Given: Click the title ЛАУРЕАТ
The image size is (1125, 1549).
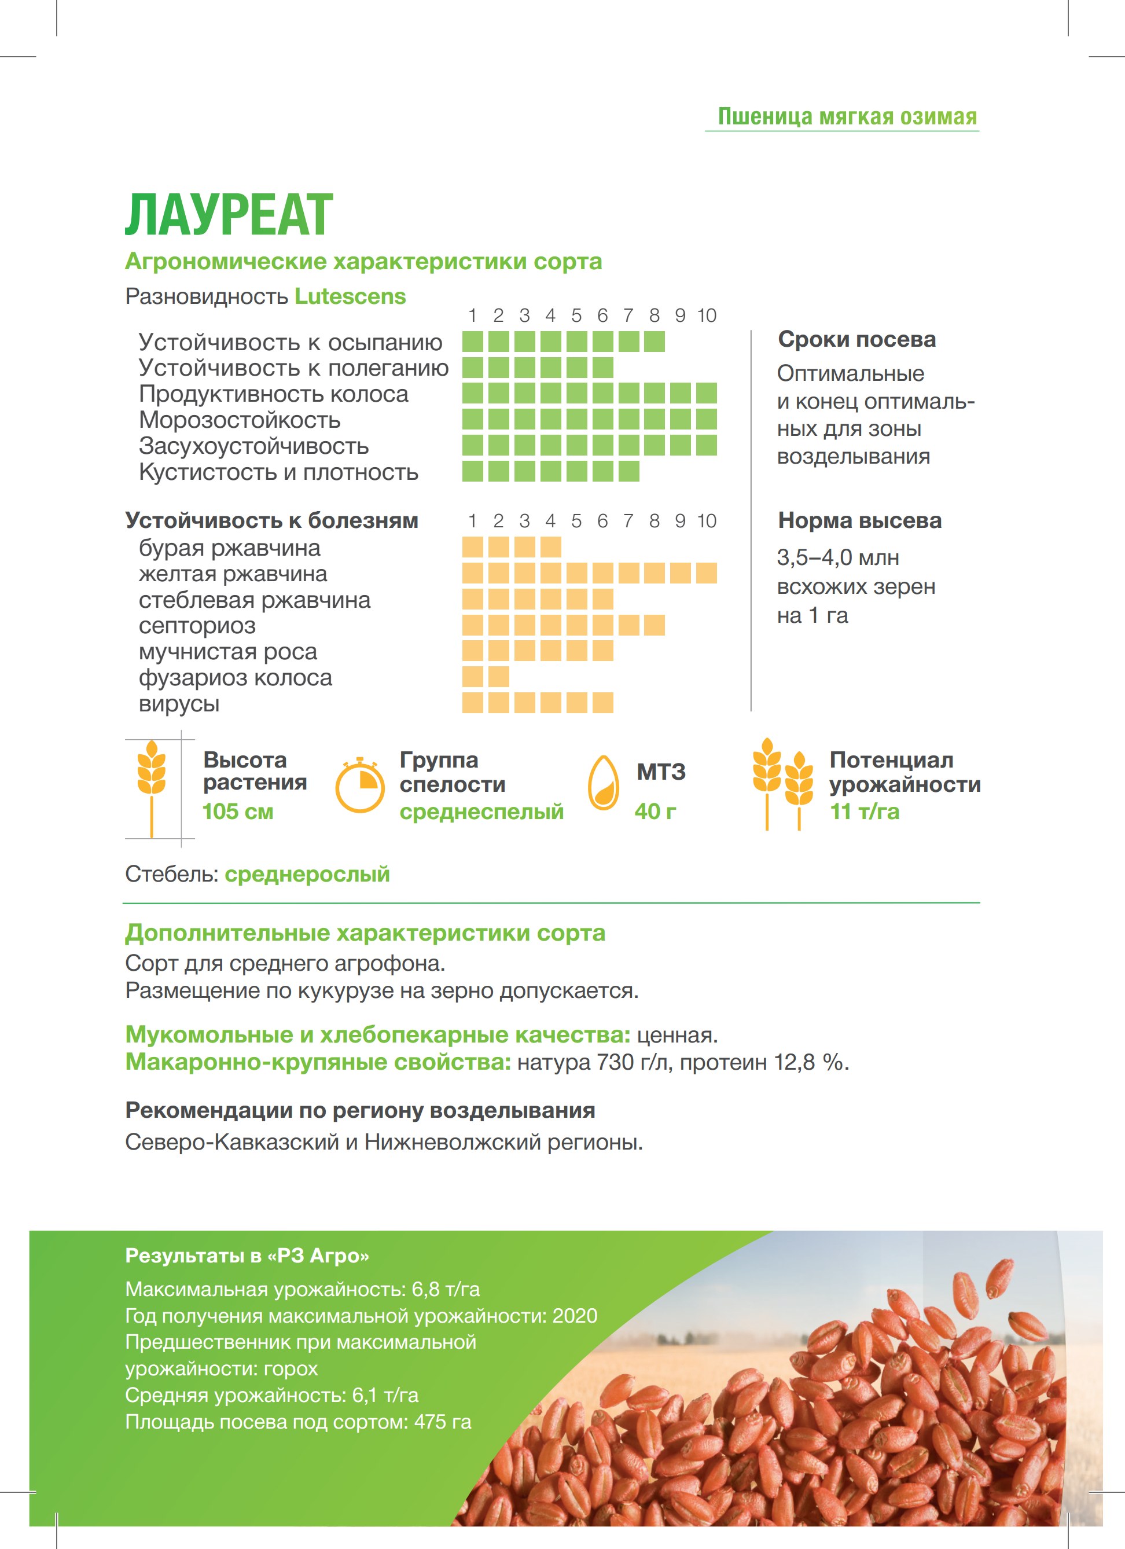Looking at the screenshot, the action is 229,215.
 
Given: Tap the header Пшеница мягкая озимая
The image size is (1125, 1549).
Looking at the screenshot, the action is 847,116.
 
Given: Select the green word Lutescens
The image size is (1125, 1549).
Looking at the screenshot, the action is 350,296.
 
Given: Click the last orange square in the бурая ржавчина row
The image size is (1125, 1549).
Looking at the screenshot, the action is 550,547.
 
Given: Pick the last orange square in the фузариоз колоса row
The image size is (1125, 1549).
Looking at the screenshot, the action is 498,677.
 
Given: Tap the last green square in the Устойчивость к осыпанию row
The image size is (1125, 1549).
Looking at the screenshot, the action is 654,342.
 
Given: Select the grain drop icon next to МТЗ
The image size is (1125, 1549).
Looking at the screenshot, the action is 604,783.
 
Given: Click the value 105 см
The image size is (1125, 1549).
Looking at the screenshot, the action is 238,812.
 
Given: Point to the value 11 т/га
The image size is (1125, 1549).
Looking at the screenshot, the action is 864,812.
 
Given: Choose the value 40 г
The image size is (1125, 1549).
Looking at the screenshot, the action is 655,812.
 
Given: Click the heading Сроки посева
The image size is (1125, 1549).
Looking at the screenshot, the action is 856,339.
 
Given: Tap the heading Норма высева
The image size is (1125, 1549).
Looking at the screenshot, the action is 859,520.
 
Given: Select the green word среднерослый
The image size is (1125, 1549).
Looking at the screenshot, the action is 307,874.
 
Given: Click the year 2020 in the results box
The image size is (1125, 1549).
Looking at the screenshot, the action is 575,1315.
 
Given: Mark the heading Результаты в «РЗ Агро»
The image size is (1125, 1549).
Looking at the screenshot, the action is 247,1256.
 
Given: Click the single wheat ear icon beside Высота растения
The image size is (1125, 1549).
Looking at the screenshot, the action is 152,787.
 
